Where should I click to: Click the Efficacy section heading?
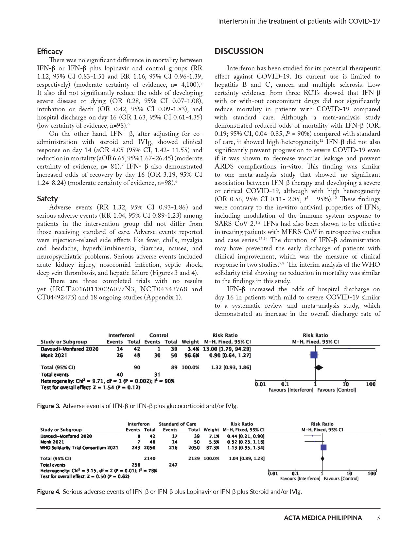[x=50, y=51]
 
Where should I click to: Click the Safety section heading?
[x=47, y=199]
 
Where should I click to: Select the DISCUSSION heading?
[x=239, y=51]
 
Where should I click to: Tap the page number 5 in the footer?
[x=378, y=518]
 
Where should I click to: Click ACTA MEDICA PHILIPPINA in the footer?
[x=323, y=518]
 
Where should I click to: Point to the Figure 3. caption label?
[x=48, y=406]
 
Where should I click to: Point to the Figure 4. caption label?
[x=48, y=492]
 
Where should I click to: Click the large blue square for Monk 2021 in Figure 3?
[x=314, y=355]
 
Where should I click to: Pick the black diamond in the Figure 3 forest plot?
[x=319, y=368]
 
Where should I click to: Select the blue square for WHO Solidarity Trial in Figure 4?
[x=323, y=447]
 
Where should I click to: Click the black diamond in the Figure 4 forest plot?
[x=323, y=459]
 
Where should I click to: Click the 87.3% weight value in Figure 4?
[x=211, y=447]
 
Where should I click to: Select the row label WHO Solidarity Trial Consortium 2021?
[x=79, y=447]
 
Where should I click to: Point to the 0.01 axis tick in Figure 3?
[x=260, y=384]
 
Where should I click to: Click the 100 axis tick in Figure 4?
[x=372, y=474]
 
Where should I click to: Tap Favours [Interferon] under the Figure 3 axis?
[x=291, y=390]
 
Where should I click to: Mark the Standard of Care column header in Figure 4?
[x=177, y=424]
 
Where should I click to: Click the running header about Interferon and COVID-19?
[x=299, y=21]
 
